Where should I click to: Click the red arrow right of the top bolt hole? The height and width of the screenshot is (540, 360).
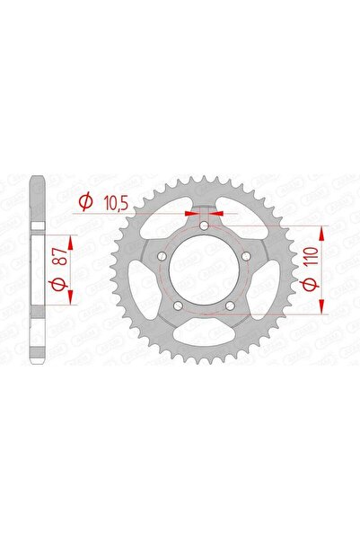click(218, 215)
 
